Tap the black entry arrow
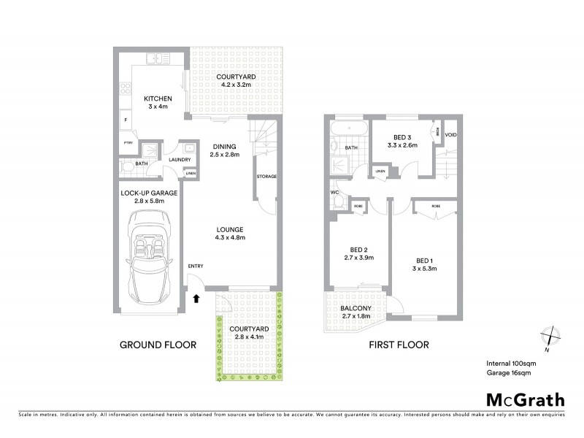click(x=196, y=297)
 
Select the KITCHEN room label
click(x=158, y=99)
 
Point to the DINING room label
click(x=224, y=145)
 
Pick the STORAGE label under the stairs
click(x=266, y=177)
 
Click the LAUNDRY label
click(x=180, y=160)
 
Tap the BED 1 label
click(x=426, y=261)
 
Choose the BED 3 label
click(x=401, y=138)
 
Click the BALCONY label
click(x=356, y=308)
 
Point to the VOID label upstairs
click(x=450, y=135)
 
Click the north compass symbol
click(x=552, y=337)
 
